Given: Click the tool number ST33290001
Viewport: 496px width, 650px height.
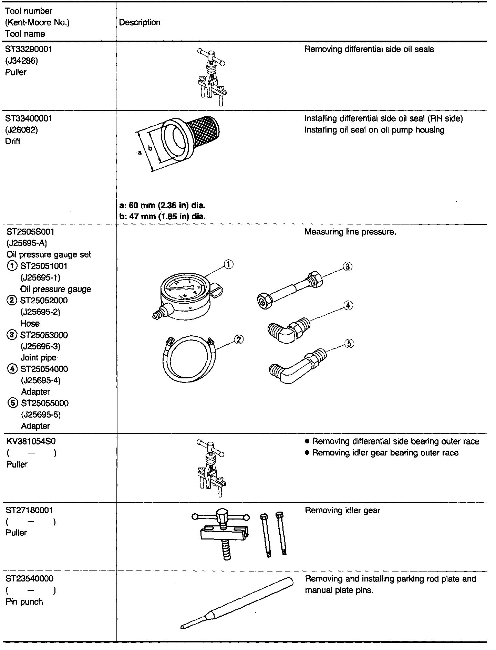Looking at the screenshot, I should [29, 49].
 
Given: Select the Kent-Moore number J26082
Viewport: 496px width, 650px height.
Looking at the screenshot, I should [22, 130].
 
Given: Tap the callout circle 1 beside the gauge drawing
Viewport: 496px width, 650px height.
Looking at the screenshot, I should [228, 264].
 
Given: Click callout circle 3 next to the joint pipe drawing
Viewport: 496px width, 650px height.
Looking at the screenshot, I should [348, 266].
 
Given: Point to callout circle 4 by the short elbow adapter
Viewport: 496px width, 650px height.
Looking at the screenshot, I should [348, 305].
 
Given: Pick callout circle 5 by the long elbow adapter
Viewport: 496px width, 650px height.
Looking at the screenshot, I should [349, 343].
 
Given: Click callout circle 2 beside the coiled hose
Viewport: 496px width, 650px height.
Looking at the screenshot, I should [239, 339].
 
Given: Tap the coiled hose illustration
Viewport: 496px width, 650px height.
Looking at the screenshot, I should [188, 358].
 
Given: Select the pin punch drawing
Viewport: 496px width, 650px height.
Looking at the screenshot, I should [238, 603].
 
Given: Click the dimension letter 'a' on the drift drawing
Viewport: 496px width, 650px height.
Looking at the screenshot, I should [139, 152].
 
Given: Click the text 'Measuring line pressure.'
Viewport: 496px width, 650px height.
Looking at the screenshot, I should [350, 232].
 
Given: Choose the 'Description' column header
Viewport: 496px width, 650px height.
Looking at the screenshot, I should [139, 22].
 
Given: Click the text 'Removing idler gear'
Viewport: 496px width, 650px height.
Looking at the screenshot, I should [342, 510].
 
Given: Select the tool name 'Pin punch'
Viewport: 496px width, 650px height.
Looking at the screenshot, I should [24, 602].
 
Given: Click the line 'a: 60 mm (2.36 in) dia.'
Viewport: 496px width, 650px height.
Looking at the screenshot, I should [162, 206].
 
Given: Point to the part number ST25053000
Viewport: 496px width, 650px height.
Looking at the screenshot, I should [44, 335].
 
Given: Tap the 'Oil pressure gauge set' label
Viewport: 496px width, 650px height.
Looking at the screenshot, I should [49, 255].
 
